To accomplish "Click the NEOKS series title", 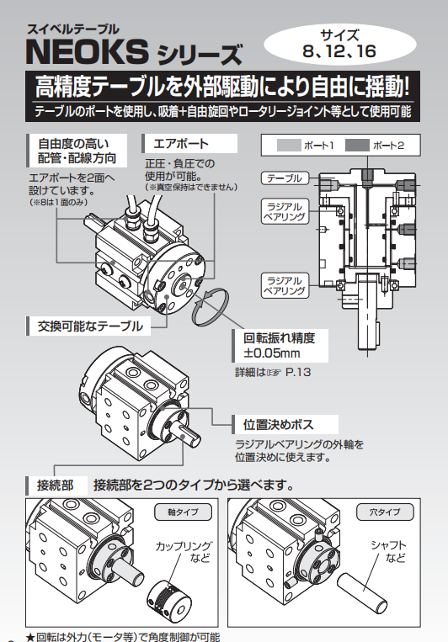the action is [x=134, y=52].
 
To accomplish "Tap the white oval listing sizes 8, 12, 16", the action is [x=340, y=44].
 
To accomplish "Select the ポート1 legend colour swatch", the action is [x=289, y=146].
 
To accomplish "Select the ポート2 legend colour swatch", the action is [x=357, y=146].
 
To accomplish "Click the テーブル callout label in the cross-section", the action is [x=285, y=178].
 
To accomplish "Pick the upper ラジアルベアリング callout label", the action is [x=285, y=211].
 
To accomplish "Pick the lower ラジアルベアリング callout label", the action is [x=285, y=285].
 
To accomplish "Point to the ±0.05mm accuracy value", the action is [x=272, y=353].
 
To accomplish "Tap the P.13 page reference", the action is [x=298, y=372].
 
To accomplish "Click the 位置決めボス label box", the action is [x=285, y=425].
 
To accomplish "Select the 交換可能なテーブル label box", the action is [x=88, y=326].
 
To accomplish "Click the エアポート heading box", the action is [x=189, y=144].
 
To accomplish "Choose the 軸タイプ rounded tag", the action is [x=183, y=512].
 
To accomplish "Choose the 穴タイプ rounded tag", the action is [x=385, y=512].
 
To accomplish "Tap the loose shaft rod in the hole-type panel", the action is [x=362, y=593].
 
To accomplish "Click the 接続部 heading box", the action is [x=56, y=485].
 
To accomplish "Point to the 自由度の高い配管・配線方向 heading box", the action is [x=77, y=151].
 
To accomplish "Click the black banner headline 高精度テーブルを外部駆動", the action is [x=222, y=87].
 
